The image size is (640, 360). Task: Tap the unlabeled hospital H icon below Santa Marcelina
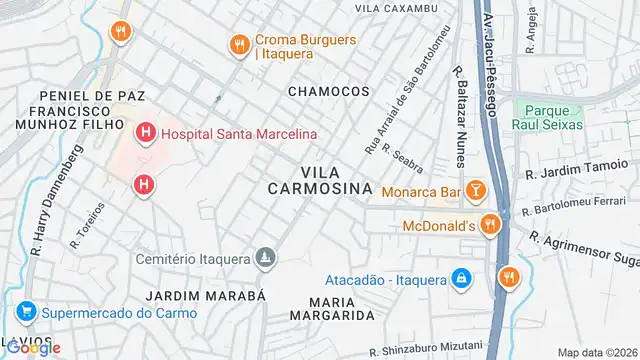(145, 184)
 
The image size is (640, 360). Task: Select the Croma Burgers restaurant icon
(238, 44)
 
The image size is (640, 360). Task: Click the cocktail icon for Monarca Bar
(476, 189)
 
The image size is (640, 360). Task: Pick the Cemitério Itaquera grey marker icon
(264, 259)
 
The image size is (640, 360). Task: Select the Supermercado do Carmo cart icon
(25, 311)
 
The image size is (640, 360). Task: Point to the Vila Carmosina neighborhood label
(320, 178)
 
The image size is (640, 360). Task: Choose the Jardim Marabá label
(206, 297)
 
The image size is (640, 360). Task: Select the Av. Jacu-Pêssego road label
(487, 50)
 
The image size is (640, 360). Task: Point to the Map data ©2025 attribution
(596, 352)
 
